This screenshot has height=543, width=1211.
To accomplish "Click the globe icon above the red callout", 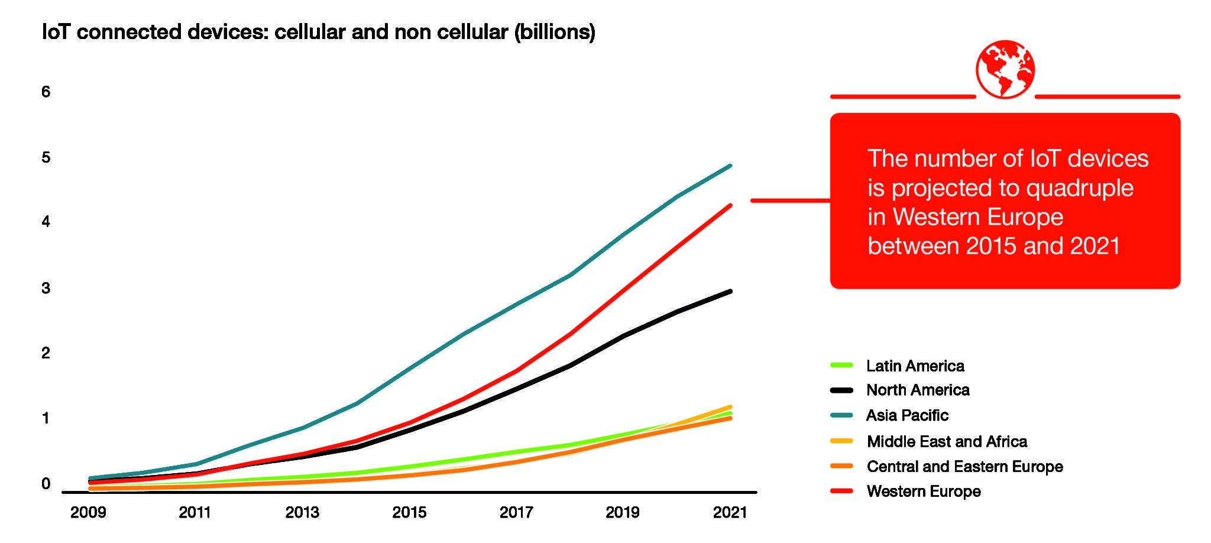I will [x=1005, y=69].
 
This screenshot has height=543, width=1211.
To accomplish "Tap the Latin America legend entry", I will [x=915, y=366].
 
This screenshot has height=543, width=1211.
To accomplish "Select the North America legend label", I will [x=918, y=390].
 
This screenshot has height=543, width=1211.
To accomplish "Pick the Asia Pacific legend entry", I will [x=907, y=416].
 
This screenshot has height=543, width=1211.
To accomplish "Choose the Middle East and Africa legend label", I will [x=947, y=441].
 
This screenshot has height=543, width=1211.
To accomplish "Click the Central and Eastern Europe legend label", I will [x=964, y=467].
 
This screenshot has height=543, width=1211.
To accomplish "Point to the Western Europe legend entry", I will [x=924, y=492].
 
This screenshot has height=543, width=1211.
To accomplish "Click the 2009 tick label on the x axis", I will [x=88, y=512].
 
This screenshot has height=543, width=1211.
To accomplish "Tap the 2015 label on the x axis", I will [x=409, y=512].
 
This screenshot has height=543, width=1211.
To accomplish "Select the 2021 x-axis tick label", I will [x=730, y=512].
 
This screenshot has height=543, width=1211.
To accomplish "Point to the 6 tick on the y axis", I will [x=46, y=92].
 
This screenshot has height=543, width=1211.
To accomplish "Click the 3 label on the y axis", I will [x=46, y=289].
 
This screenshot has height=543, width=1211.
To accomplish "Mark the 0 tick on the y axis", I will [x=46, y=484].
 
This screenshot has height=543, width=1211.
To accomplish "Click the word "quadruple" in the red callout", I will [x=1079, y=189].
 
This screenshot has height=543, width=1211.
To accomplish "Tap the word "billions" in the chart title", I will [x=555, y=32].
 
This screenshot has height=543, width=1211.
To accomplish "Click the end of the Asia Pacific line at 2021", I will [x=730, y=166].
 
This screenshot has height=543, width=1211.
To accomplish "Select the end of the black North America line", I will [x=730, y=291].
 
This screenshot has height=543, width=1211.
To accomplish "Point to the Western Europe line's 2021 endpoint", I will [x=730, y=205].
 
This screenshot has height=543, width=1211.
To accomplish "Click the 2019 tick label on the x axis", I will [x=623, y=512].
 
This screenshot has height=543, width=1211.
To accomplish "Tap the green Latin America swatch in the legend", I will [x=841, y=366].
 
